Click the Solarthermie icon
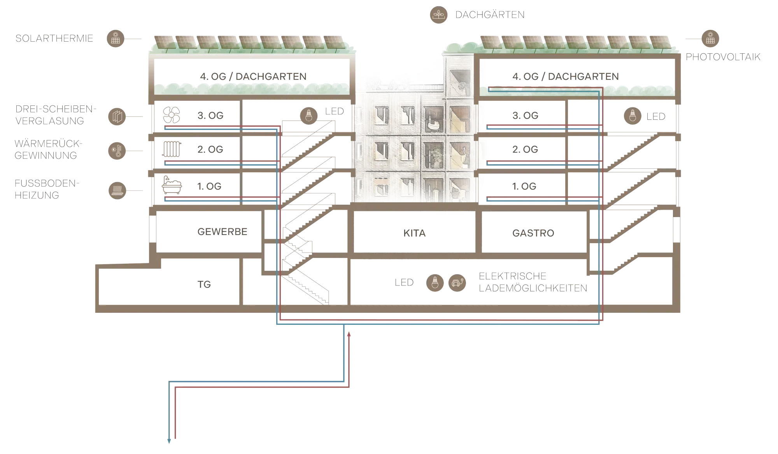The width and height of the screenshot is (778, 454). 116,39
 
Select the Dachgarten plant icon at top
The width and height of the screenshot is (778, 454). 439,15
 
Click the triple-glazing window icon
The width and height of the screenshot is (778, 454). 116,116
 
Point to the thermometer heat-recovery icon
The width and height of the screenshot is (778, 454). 116,151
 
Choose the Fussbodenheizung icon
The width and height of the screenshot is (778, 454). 117,191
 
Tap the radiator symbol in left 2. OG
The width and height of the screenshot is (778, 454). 171,149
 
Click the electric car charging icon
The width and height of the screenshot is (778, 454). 457,283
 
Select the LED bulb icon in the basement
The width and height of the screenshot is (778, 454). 435,283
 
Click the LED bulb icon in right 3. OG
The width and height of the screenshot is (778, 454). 632,116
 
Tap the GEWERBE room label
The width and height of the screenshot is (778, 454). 222,232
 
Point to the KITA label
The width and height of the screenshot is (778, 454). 414,233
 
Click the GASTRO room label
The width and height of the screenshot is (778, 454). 533,233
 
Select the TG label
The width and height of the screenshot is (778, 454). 205,284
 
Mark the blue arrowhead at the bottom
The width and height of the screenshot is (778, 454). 169,442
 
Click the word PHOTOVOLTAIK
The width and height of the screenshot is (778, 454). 723,57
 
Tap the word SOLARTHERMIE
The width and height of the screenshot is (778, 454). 54,39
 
